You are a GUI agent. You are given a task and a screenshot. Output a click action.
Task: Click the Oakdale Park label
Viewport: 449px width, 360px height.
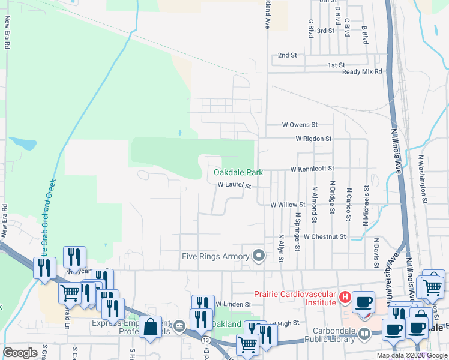tap(239, 172)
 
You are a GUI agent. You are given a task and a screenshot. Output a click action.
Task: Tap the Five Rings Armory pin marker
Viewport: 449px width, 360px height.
tap(259, 256)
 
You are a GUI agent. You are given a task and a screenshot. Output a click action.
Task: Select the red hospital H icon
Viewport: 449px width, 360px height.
tap(345, 296)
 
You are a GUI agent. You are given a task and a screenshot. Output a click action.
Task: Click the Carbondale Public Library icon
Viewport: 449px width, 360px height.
tap(364, 333)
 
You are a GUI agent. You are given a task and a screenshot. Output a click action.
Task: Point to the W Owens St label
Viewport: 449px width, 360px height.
tap(300, 125)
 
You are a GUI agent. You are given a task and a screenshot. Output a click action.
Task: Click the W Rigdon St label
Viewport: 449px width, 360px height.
tap(313, 139)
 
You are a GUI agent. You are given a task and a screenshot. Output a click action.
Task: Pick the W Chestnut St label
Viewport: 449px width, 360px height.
tap(325, 237)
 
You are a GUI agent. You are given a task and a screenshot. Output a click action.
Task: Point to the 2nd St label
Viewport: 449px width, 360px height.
tap(288, 55)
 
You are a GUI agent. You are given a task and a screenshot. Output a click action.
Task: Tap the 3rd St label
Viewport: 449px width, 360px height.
tap(325, 31)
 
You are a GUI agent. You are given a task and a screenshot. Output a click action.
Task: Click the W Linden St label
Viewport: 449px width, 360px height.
tap(233, 305)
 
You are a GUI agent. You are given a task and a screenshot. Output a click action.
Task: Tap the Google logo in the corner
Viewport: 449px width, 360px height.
tap(20, 353)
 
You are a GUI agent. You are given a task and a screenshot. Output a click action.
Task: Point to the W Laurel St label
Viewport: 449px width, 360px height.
tap(234, 186)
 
